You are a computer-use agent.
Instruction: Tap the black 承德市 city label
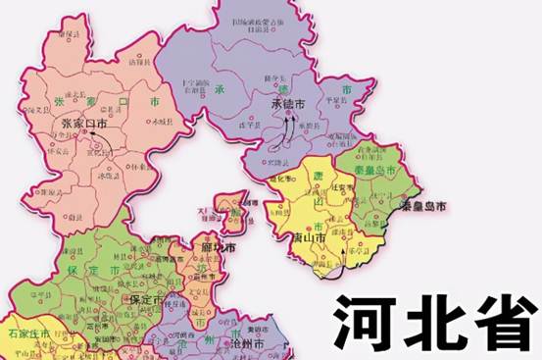click(287, 102)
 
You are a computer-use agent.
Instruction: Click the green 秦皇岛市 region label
click(375, 169)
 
